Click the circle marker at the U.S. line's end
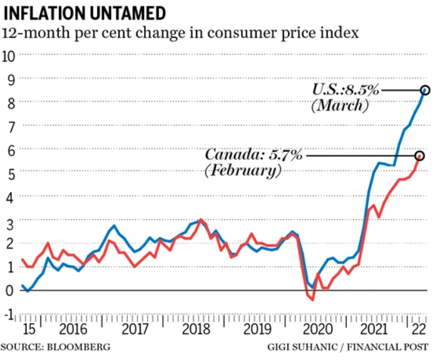tap(426, 90)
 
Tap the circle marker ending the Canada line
tap(420, 155)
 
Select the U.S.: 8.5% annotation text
tap(346, 90)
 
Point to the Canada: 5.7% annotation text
tap(254, 155)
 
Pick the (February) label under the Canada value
tap(243, 170)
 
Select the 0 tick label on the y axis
tap(9, 291)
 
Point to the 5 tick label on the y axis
tap(9, 172)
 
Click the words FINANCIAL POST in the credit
tap(394, 346)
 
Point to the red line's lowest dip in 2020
tap(312, 300)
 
